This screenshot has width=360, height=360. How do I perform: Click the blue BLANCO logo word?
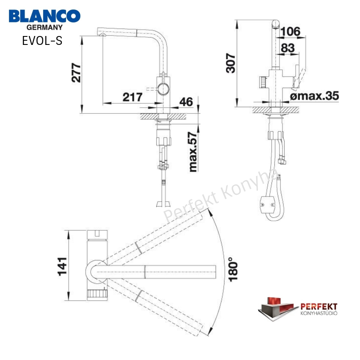(44, 16)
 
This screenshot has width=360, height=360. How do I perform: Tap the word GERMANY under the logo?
(44, 28)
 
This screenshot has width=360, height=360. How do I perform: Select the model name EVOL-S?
(42, 41)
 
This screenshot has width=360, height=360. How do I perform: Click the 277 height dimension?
(76, 72)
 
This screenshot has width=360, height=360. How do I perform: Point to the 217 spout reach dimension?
(133, 97)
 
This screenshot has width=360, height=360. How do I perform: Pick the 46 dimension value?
(186, 102)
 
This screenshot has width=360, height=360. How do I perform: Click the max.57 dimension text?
(193, 152)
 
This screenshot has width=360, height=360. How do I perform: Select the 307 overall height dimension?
(231, 63)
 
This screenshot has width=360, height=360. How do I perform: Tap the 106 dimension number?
(290, 31)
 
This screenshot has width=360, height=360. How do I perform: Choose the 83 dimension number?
(288, 48)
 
